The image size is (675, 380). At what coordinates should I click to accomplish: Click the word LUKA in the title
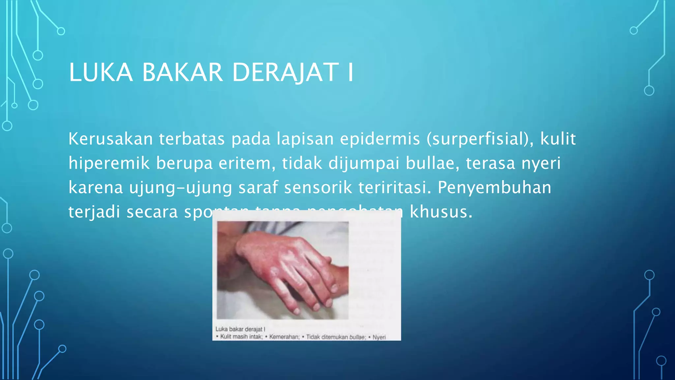pos(101,72)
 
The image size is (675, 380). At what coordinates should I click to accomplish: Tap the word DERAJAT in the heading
pos(285,72)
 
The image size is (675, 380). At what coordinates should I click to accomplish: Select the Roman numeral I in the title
pos(350,72)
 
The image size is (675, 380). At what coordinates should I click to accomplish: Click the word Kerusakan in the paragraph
pos(110,139)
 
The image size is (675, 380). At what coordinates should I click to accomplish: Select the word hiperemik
pos(109,163)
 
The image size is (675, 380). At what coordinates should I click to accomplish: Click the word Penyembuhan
pos(494,187)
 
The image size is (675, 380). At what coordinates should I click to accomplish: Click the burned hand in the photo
pos(283,264)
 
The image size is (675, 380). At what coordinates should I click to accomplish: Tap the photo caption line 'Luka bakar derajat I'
pos(240,329)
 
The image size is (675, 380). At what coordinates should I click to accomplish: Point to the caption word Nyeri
pos(379,337)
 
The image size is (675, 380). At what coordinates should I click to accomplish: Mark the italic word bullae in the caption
pos(357,337)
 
